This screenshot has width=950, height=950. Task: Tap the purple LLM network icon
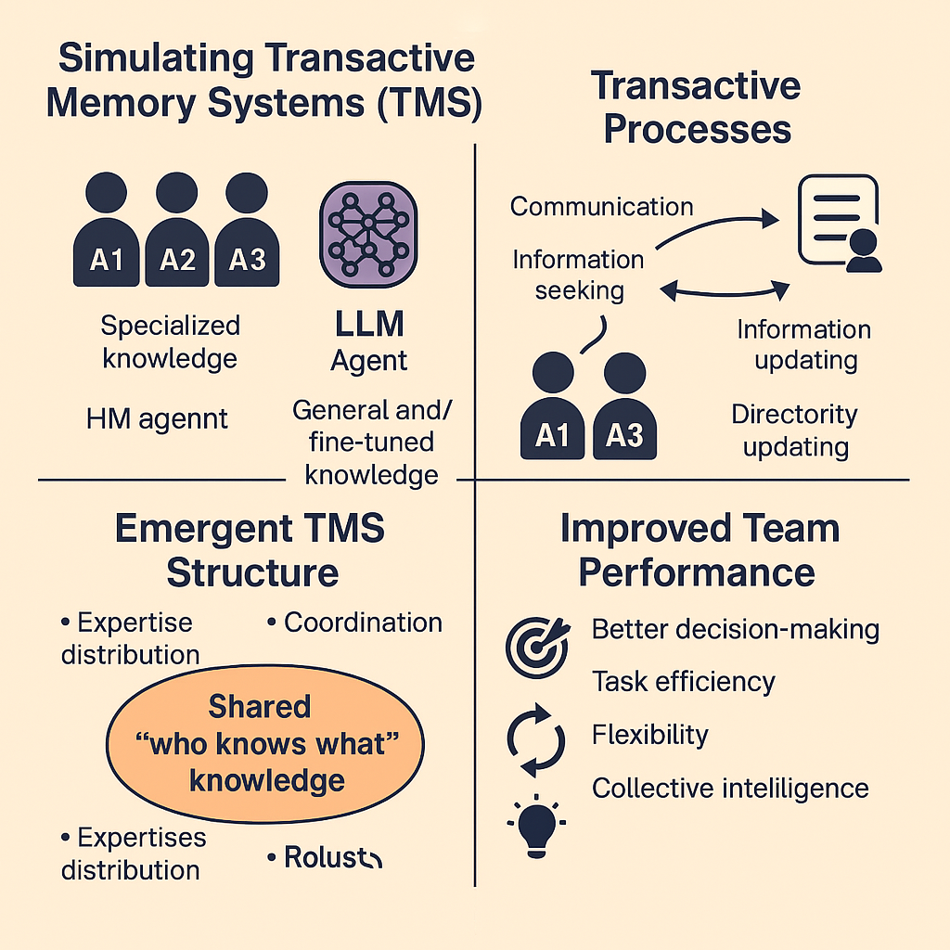pyautogui.click(x=368, y=231)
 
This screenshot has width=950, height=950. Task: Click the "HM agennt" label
pyautogui.click(x=157, y=419)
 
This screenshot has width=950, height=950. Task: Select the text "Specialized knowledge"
pyautogui.click(x=170, y=341)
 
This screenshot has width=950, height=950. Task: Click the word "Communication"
pyautogui.click(x=601, y=206)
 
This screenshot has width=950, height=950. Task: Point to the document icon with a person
pyautogui.click(x=838, y=225)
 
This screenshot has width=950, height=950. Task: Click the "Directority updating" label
pyautogui.click(x=795, y=430)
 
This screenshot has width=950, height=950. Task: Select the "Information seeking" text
pyautogui.click(x=578, y=275)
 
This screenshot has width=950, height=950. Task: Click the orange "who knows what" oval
pyautogui.click(x=266, y=743)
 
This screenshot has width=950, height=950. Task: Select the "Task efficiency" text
pyautogui.click(x=683, y=682)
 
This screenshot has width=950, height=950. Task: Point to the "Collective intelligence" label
pyautogui.click(x=730, y=789)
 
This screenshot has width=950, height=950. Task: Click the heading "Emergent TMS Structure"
pyautogui.click(x=250, y=550)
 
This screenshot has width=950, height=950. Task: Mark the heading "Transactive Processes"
pyautogui.click(x=697, y=107)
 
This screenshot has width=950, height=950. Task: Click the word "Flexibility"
pyautogui.click(x=649, y=736)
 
